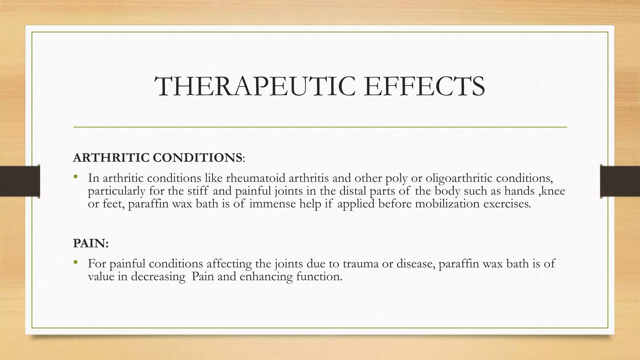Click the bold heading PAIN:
[x=91, y=243]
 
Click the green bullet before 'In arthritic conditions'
[x=75, y=177]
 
